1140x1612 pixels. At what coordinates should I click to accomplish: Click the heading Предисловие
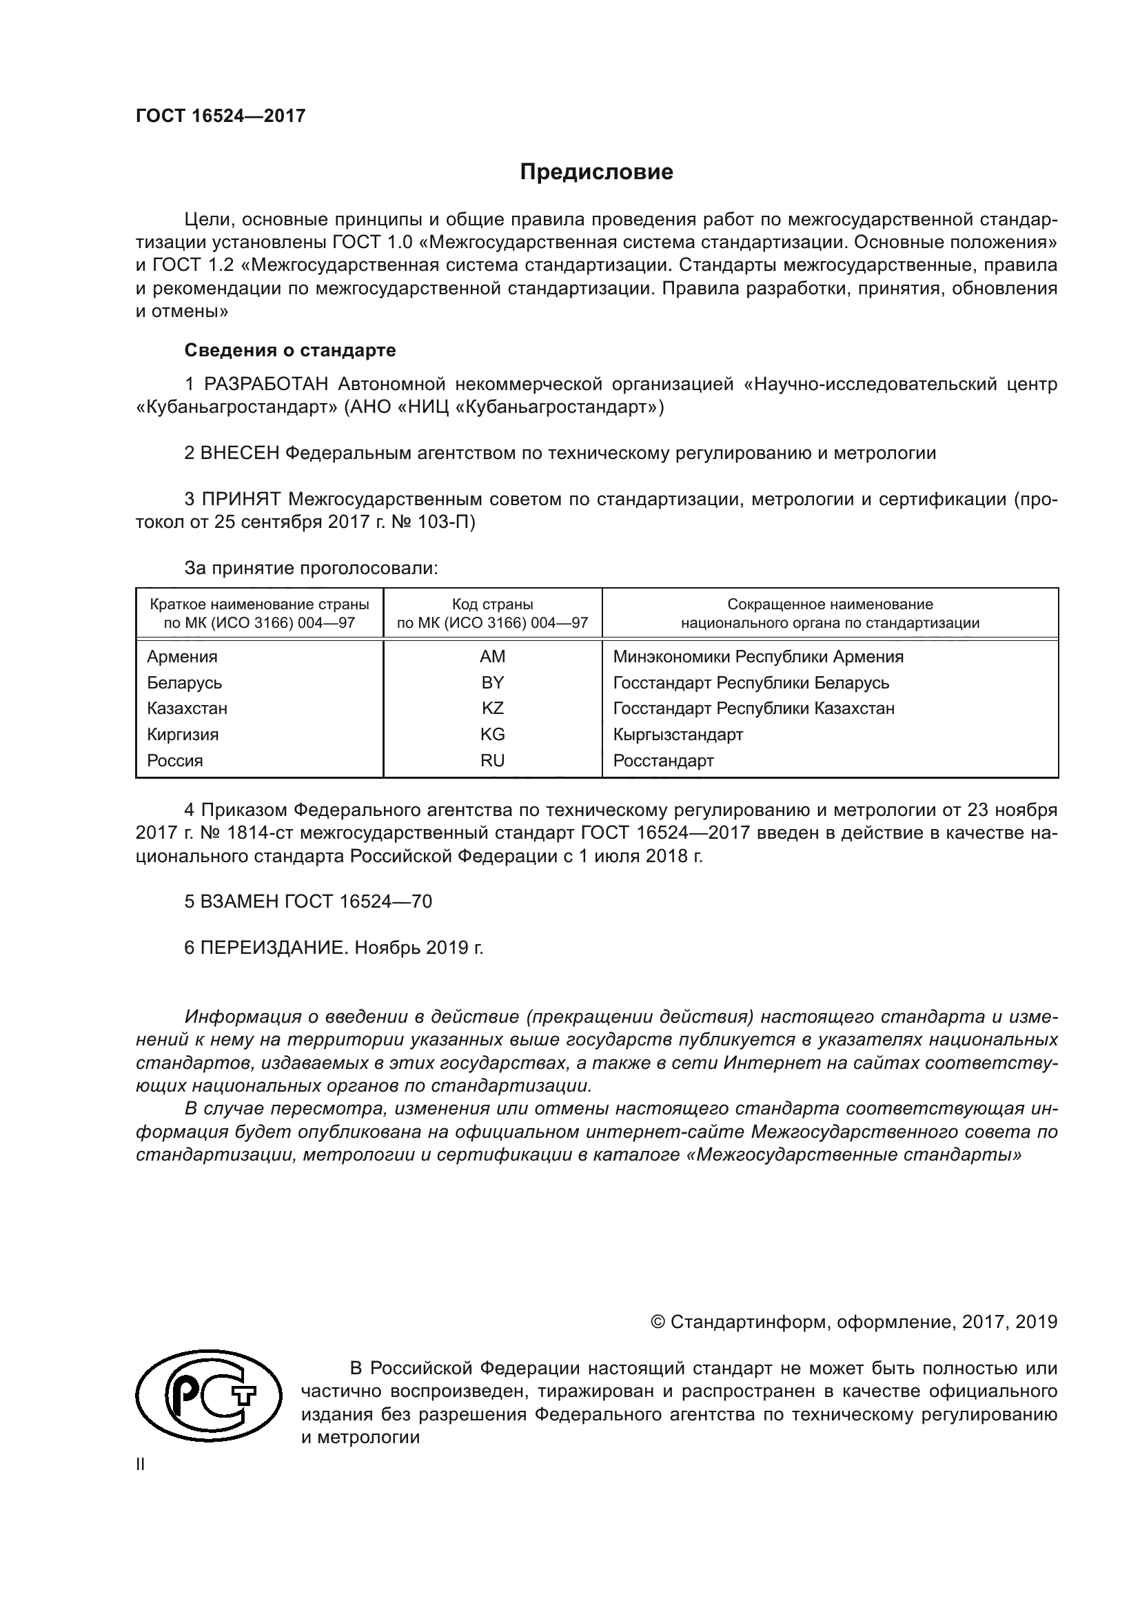(596, 172)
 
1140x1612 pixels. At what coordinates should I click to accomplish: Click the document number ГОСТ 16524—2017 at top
(221, 116)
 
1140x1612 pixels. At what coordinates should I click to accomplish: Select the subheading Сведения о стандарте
(290, 349)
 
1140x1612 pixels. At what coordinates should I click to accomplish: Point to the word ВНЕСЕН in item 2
(240, 453)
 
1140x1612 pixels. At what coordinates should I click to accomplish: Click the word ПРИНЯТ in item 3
(241, 499)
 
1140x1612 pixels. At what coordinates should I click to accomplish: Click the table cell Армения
(182, 657)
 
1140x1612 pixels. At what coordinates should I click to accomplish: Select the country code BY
(492, 682)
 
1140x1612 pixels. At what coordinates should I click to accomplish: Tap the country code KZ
(492, 708)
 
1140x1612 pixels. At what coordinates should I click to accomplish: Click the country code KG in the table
(492, 735)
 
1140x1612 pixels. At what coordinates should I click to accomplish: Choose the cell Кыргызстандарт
(678, 735)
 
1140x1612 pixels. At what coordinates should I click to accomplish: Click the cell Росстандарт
(662, 760)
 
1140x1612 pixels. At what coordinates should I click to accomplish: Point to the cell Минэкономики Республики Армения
(757, 657)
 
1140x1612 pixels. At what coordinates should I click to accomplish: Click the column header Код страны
(492, 604)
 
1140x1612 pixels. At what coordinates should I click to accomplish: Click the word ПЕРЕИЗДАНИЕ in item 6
(274, 948)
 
